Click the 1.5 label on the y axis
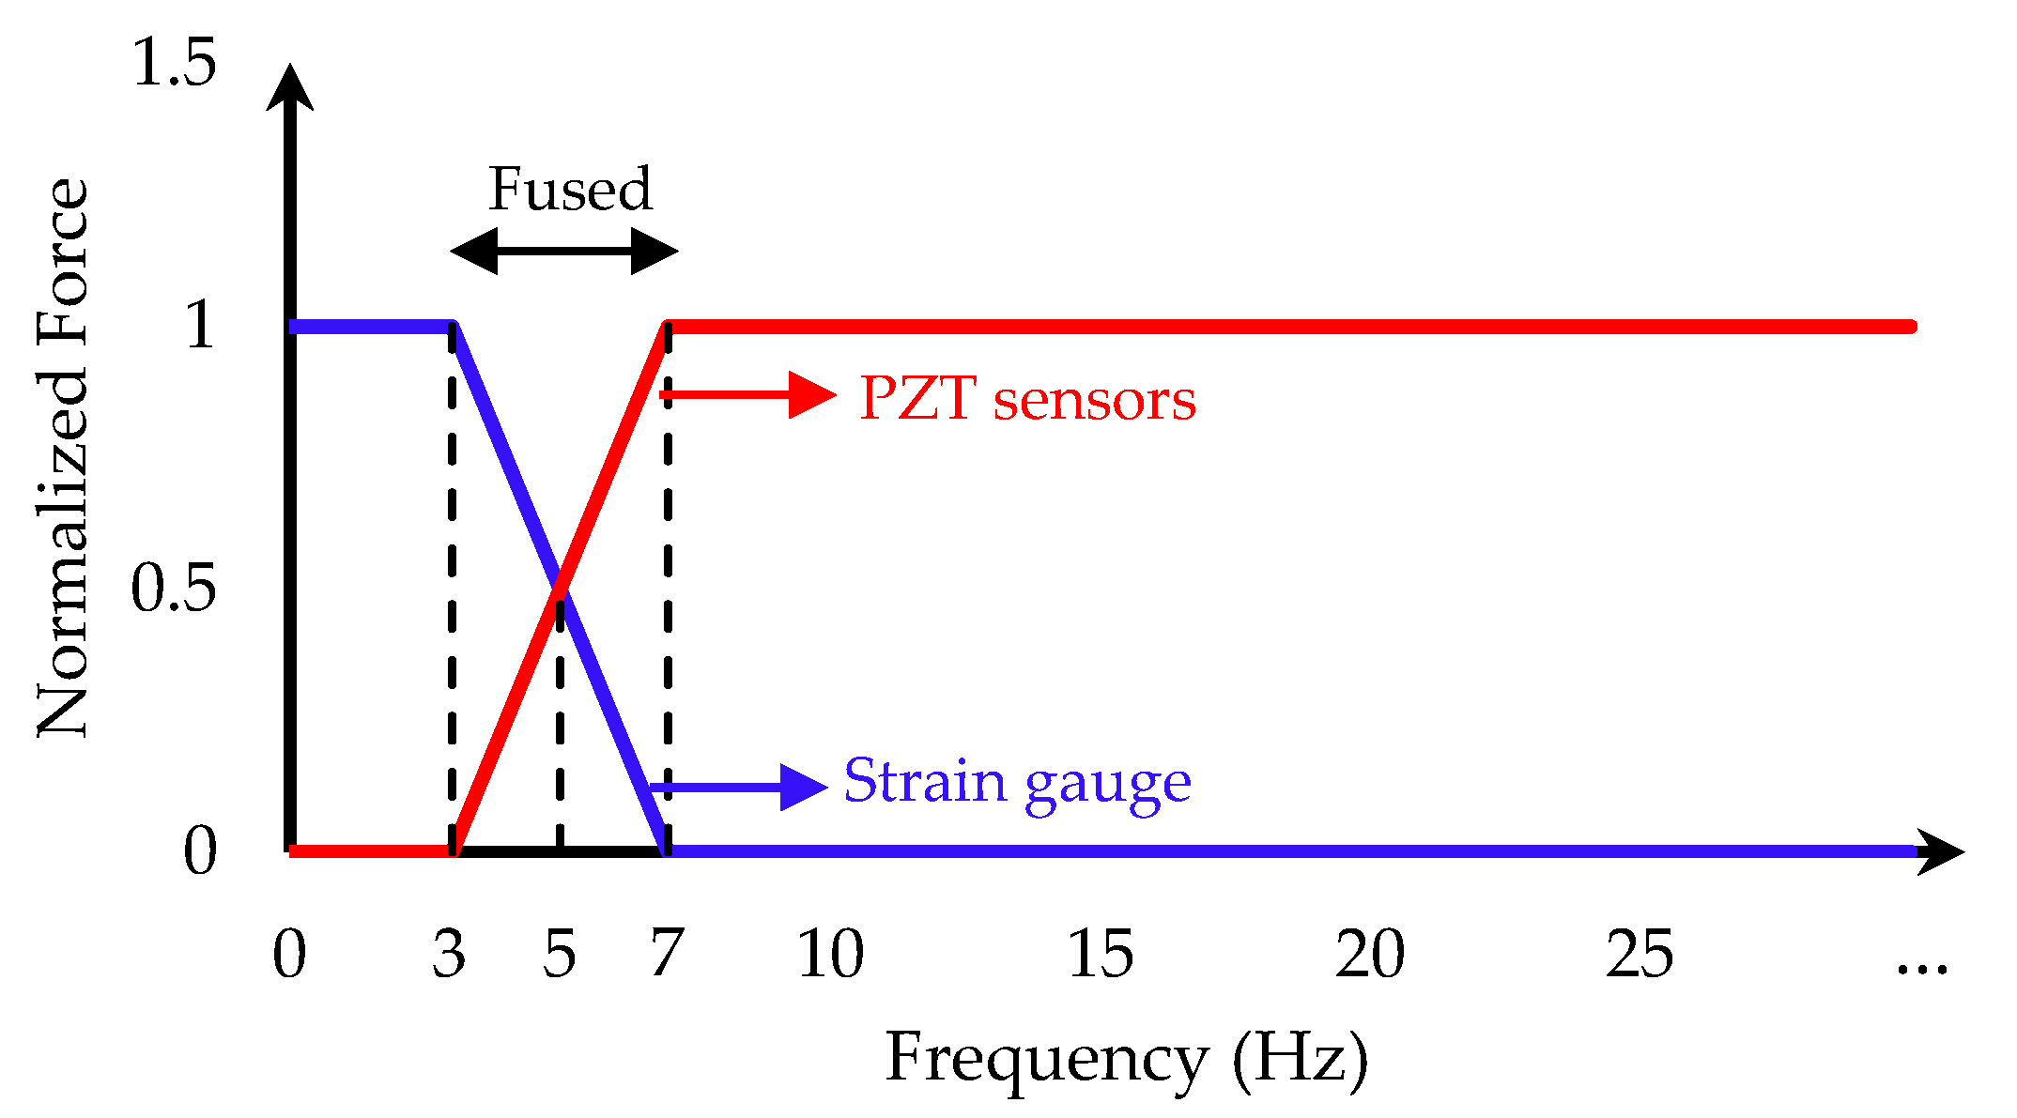(x=175, y=64)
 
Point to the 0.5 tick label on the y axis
(x=173, y=589)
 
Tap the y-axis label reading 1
(x=200, y=326)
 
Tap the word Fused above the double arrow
(x=570, y=189)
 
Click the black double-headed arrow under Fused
(x=564, y=251)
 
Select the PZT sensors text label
(x=1027, y=399)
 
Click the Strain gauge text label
(x=1017, y=781)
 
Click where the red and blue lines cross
(x=560, y=589)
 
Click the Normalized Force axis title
(x=62, y=457)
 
